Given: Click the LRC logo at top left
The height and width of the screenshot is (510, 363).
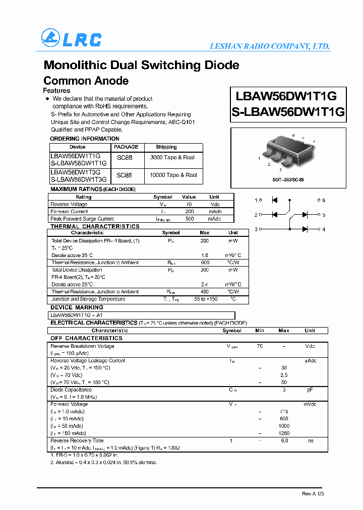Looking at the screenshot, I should point(71,39).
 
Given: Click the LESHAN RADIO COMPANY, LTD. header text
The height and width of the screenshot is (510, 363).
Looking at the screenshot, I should point(270,46).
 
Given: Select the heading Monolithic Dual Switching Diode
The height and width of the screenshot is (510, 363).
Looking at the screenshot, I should point(141,65).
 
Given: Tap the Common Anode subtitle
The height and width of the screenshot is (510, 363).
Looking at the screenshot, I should point(86,81).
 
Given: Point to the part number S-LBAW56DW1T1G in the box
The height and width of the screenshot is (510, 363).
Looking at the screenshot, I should point(288,112).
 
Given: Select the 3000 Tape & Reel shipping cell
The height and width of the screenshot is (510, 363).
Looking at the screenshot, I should point(173,158).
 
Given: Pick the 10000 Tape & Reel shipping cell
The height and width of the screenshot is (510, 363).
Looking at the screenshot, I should point(173,175).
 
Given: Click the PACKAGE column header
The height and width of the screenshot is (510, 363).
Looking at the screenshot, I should point(126,147).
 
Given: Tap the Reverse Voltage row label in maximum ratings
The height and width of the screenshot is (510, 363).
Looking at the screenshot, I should point(69,204).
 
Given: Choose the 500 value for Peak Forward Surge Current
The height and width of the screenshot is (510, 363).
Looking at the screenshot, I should point(189,219).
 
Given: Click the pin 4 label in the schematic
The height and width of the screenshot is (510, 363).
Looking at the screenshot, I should point(323,229).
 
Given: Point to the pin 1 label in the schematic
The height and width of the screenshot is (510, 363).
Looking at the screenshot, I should point(257,200).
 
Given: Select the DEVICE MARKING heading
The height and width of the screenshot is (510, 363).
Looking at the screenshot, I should point(77,307).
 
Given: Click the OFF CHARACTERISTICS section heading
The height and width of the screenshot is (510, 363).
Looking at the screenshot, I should point(86,338).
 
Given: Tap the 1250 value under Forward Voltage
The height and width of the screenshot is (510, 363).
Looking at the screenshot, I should point(284,433).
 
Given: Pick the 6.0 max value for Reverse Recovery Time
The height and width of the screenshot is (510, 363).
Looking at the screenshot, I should point(284,441).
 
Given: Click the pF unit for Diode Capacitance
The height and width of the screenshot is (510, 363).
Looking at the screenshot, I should point(310,390).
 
